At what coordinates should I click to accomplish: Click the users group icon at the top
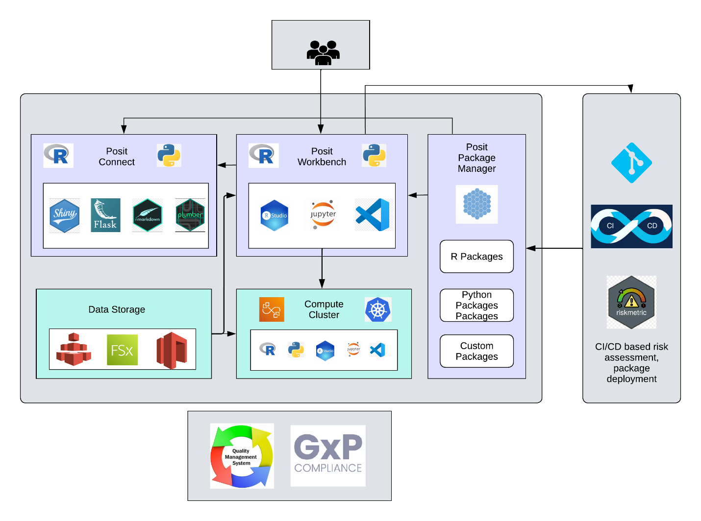pos(323,52)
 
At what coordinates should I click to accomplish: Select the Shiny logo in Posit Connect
pos(64,215)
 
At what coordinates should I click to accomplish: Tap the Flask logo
pos(105,215)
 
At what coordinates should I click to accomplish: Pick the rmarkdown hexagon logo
pos(147,215)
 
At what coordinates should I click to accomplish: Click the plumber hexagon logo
pos(190,215)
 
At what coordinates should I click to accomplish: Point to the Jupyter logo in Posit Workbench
pos(323,215)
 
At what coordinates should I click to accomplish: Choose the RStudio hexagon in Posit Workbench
pos(275,215)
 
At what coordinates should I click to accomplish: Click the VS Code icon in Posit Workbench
pos(373,215)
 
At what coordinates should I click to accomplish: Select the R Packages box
pos(476,257)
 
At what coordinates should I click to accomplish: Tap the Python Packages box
pos(476,305)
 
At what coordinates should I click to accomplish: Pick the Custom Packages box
pos(476,351)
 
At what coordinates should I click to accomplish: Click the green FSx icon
pos(122,350)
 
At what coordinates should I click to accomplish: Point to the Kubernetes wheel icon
pos(377,309)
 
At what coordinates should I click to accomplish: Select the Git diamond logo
pos(631,163)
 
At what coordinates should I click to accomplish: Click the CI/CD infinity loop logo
pos(631,226)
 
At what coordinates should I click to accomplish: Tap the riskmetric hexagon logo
pos(631,302)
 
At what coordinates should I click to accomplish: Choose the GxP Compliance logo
pos(328,455)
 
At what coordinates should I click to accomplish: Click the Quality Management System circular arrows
pos(242,456)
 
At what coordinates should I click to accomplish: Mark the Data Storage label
pos(117,309)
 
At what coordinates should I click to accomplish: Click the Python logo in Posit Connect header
pos(169,156)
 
